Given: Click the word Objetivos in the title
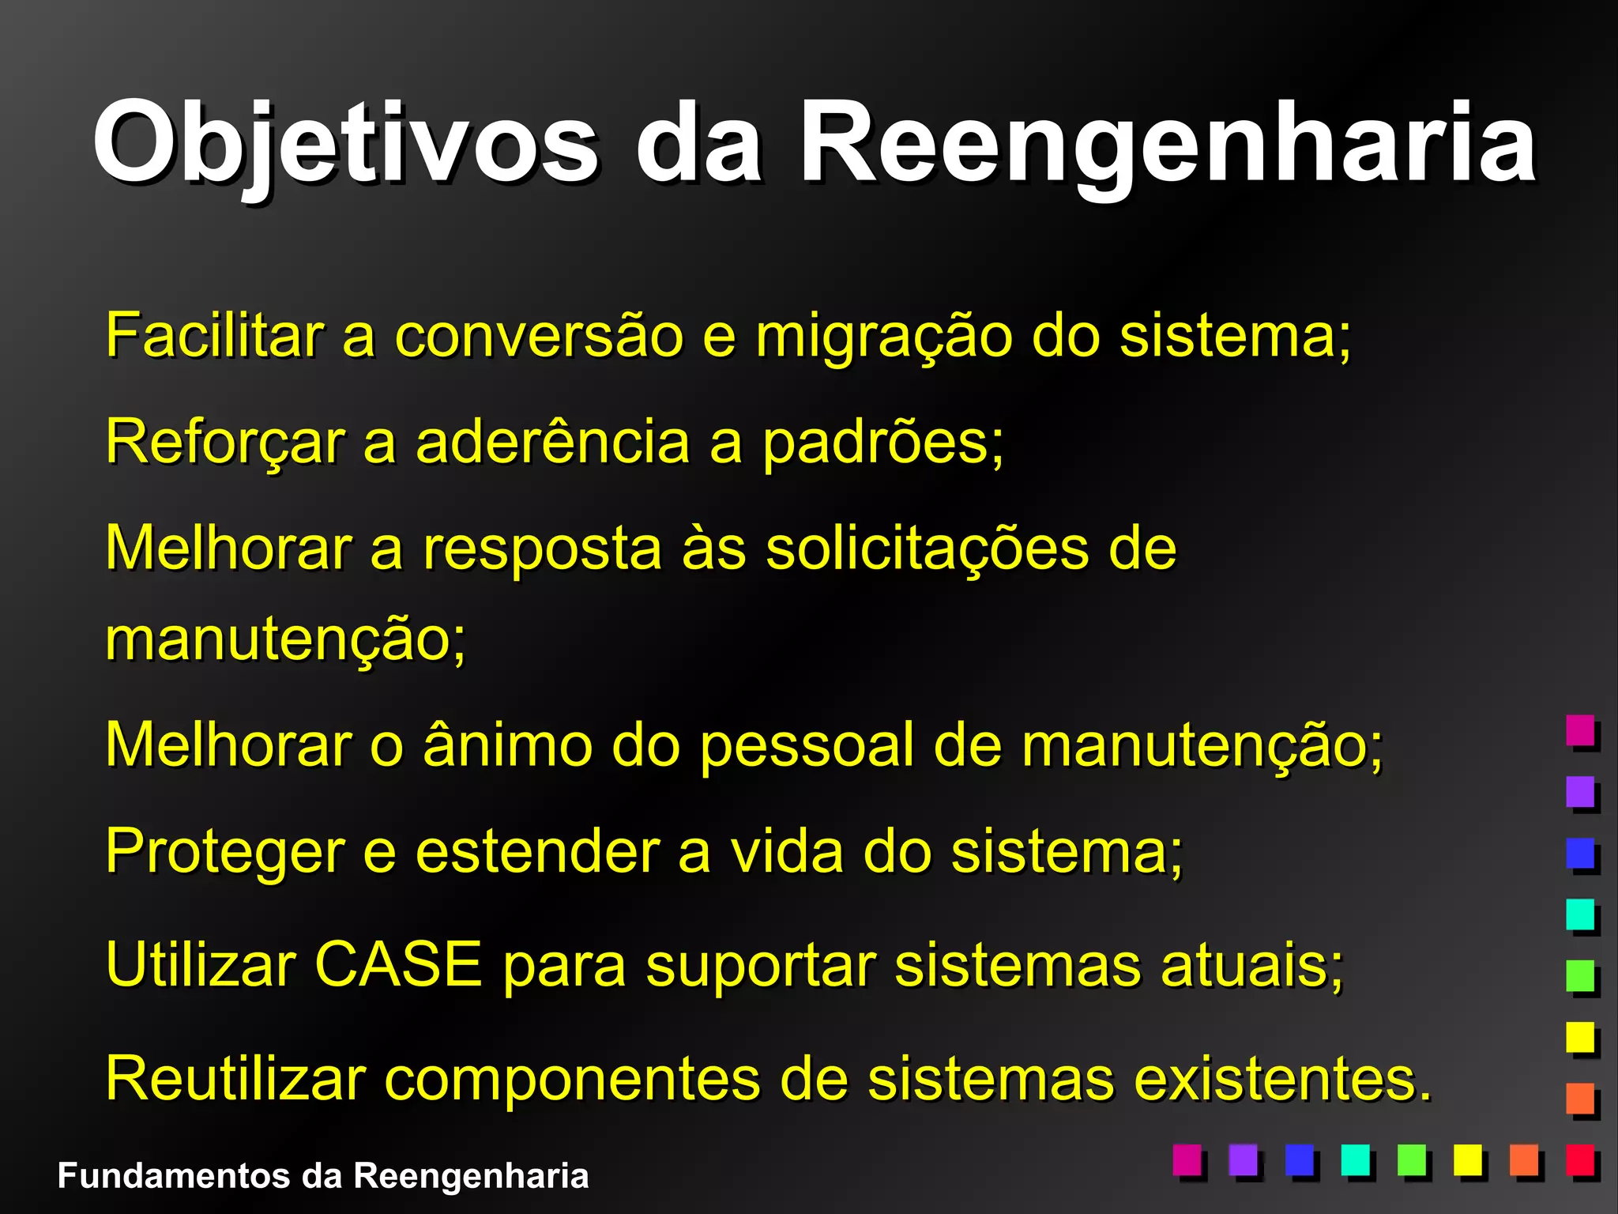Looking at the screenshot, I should [345, 142].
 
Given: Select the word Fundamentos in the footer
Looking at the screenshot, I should [174, 1175].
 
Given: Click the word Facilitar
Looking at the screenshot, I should [215, 335].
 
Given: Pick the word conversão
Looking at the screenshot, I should [539, 335].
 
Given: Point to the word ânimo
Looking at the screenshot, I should [508, 745].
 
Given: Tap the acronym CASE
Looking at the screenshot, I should [397, 964].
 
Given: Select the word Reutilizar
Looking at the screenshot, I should [235, 1078].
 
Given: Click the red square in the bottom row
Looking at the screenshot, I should [1580, 1159].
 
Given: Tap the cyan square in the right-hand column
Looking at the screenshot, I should [1580, 914].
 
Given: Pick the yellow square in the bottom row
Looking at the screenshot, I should [1468, 1159].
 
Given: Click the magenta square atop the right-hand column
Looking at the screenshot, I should [1580, 730].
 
